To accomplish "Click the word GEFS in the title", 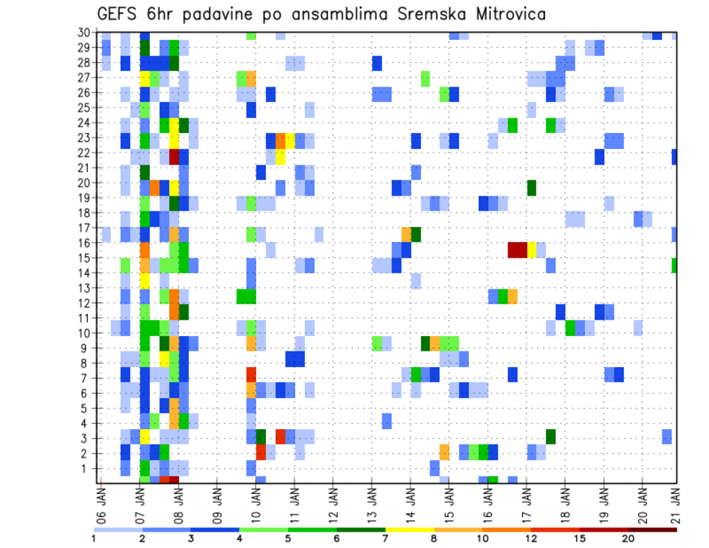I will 119,15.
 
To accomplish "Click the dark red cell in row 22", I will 174,157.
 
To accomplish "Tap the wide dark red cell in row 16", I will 517,250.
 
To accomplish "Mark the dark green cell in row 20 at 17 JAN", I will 532,188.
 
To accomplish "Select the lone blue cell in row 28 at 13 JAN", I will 377,63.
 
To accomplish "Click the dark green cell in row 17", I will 416,234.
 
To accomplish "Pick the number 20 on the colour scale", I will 628,538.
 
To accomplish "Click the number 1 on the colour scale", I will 94,538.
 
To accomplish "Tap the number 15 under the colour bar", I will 580,538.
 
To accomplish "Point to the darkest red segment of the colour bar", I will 652,529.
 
